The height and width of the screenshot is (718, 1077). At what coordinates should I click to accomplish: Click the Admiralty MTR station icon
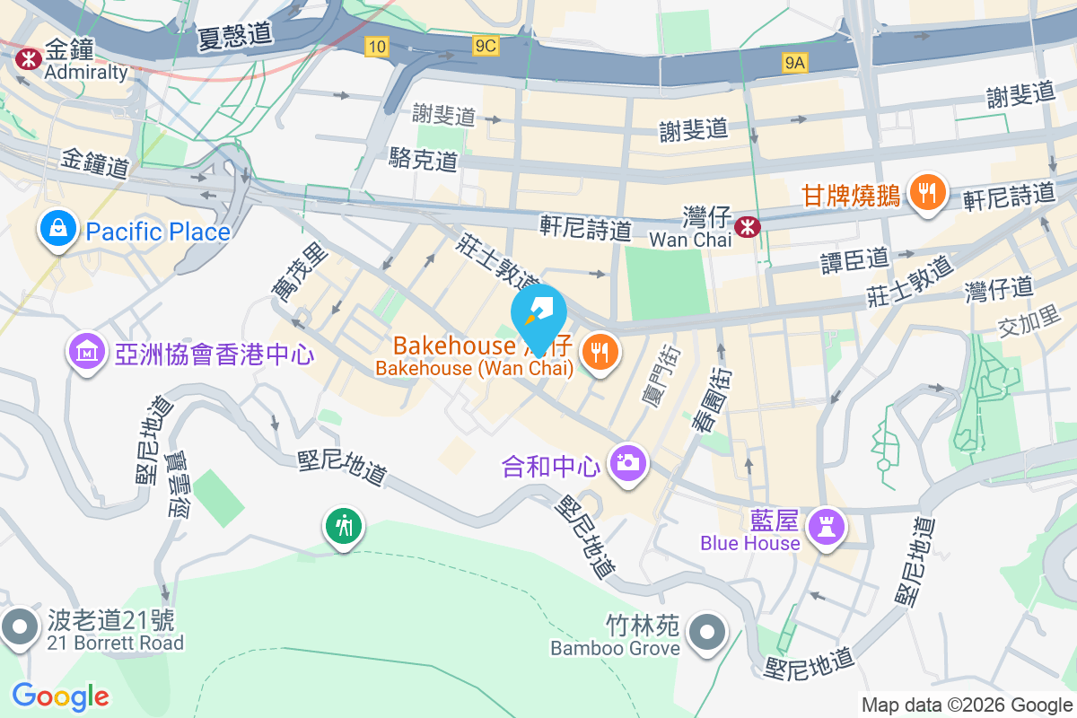28,59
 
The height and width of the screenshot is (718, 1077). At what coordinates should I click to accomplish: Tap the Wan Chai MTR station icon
746,228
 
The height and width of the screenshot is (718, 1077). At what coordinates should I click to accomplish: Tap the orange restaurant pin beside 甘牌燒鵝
925,192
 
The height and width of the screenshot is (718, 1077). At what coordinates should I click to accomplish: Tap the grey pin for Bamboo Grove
708,634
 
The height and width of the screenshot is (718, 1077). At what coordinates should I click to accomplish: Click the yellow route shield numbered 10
377,46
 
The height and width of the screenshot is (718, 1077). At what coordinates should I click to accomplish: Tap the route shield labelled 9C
486,46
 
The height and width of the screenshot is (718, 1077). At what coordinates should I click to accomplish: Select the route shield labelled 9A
795,62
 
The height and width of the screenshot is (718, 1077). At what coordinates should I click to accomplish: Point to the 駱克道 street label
424,161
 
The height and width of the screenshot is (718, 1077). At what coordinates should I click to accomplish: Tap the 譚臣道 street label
854,259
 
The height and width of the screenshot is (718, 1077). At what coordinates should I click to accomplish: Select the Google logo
61,696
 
